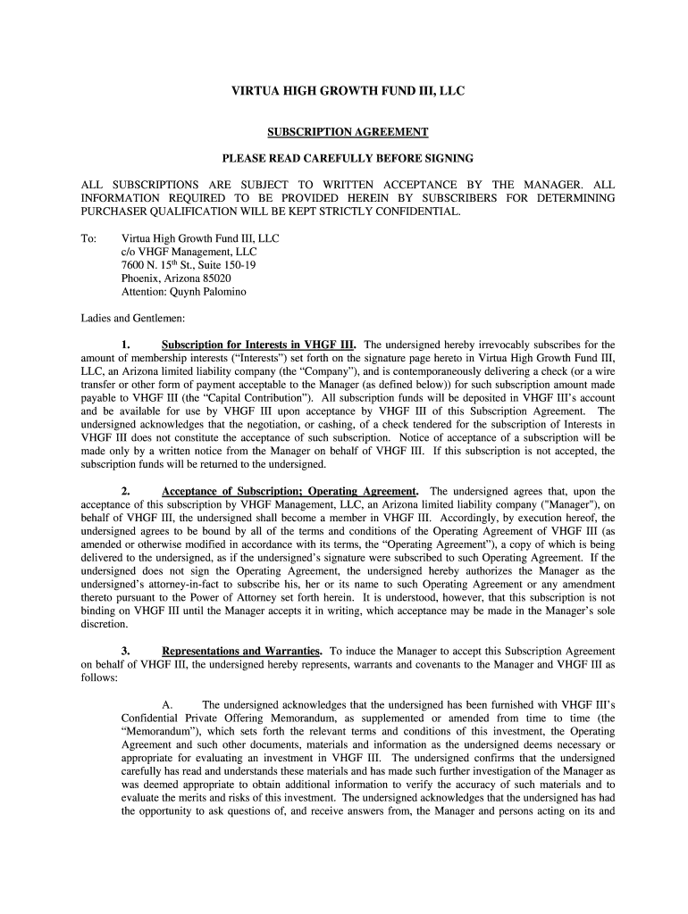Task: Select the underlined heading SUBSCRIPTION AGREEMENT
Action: click(348, 132)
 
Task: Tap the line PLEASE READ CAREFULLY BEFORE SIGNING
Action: click(348, 159)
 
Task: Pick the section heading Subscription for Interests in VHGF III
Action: click(259, 345)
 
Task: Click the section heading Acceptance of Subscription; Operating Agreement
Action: click(289, 492)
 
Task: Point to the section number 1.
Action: click(126, 345)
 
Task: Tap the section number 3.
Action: click(126, 652)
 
